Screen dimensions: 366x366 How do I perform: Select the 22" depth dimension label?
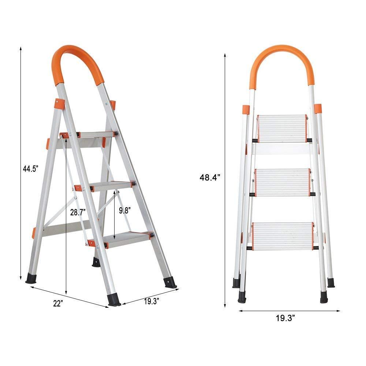coord(58,303)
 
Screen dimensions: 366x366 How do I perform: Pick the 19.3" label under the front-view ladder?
coord(286,318)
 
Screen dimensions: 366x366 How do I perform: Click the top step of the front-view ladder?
coord(282,128)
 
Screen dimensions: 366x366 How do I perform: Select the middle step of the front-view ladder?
coord(282,182)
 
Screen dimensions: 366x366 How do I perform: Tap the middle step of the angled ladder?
coord(110,186)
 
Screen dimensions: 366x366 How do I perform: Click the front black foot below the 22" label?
coord(115,299)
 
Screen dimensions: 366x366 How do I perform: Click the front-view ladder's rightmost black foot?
coord(331,283)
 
